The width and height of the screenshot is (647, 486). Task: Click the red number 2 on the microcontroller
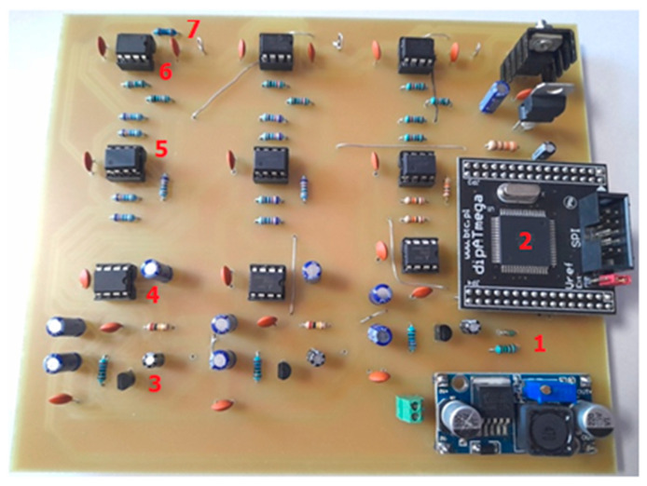click(525, 241)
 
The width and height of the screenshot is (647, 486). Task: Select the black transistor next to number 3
click(125, 379)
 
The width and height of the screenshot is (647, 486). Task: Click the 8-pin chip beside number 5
click(124, 163)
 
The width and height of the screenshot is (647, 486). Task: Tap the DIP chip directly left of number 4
click(114, 279)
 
